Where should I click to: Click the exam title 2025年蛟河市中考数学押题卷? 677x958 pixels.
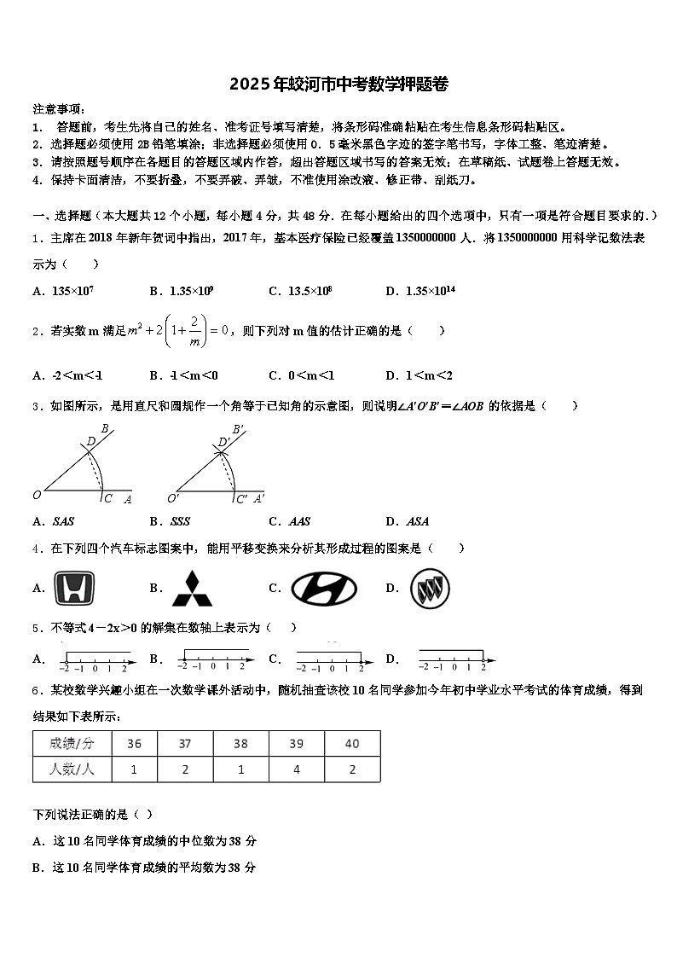tap(338, 84)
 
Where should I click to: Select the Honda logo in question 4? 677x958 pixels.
tap(74, 589)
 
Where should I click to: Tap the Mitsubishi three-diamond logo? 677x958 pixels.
tap(193, 589)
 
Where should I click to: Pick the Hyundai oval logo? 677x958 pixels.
tap(324, 589)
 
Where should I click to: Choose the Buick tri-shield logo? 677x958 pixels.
tap(429, 589)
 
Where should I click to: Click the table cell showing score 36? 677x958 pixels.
tap(134, 744)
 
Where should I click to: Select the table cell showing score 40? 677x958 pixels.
tap(352, 744)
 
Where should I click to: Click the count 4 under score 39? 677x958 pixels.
tap(296, 769)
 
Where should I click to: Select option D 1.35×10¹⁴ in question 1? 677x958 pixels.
tap(426, 291)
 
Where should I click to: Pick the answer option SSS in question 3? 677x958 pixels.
tap(179, 521)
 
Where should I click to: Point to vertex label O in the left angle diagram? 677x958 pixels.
tap(37, 495)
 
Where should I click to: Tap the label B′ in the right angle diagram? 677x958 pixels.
tap(238, 429)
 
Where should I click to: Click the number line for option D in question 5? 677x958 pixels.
tap(456, 659)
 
